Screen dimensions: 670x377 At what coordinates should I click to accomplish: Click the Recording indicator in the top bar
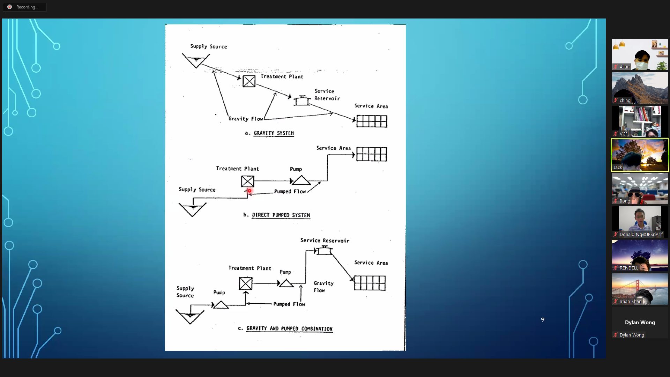pos(24,7)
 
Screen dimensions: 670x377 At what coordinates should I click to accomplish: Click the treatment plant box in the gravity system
pos(249,81)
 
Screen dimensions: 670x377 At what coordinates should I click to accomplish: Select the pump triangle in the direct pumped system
pos(301,180)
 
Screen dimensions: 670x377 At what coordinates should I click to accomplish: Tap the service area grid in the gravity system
pos(372,121)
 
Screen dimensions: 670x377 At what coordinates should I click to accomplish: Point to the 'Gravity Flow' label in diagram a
pos(246,119)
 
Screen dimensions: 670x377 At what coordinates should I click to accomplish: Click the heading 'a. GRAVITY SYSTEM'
pos(269,133)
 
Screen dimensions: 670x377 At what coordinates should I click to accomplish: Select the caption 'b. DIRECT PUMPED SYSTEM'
pos(277,215)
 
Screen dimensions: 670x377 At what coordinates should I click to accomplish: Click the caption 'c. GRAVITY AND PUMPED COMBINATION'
pos(285,328)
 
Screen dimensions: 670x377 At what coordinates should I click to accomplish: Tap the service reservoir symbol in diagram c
pos(324,250)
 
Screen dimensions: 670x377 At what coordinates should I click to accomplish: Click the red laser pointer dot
pos(249,191)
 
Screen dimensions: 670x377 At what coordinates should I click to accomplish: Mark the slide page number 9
pos(543,319)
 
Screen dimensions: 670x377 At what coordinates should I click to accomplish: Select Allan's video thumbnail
pos(640,54)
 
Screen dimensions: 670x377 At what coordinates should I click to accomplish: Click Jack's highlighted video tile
pos(640,155)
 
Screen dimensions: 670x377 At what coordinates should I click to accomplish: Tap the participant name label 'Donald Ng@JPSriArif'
pos(641,235)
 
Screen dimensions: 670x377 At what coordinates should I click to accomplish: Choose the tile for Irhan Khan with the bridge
pos(640,289)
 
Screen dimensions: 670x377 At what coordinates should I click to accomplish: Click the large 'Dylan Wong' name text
pos(640,323)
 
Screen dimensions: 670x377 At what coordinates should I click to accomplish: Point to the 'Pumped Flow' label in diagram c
pos(289,304)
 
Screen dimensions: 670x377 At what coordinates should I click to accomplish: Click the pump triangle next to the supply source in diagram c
pos(221,305)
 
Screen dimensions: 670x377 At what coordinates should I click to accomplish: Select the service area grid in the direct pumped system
pos(372,154)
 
